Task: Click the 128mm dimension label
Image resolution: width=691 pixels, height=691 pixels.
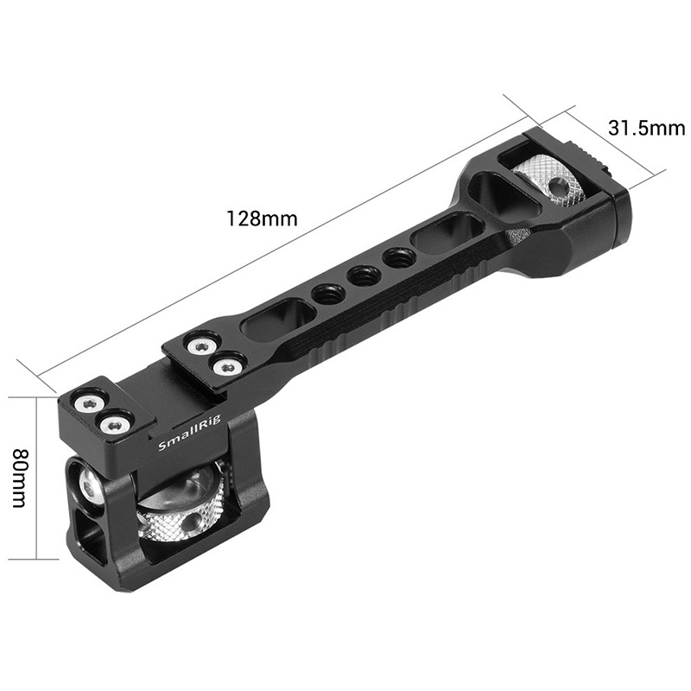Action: (x=262, y=219)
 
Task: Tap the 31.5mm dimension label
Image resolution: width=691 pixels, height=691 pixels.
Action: (x=646, y=128)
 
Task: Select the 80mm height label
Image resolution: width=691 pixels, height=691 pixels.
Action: (x=20, y=479)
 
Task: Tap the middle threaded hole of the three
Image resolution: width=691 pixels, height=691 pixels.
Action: (x=362, y=276)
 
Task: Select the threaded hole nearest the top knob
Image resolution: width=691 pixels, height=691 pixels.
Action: (x=398, y=257)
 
